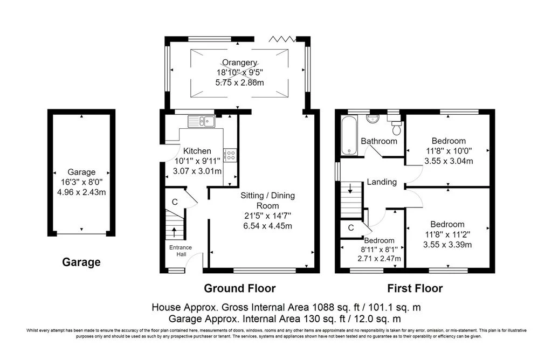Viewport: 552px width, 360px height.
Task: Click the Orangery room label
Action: click(x=237, y=63)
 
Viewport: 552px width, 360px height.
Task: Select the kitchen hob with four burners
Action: click(x=231, y=155)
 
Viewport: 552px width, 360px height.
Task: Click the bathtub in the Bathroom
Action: click(x=346, y=135)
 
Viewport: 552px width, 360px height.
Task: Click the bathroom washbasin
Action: click(x=372, y=118)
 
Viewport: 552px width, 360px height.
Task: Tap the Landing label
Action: click(x=382, y=182)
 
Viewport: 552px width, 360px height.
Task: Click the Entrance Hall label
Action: click(x=181, y=251)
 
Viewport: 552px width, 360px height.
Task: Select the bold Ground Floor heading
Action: click(x=239, y=288)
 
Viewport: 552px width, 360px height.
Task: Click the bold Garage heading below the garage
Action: click(x=81, y=262)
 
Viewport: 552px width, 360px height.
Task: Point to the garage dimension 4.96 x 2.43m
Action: click(x=81, y=192)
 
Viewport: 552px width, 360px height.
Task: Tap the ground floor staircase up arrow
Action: click(x=174, y=231)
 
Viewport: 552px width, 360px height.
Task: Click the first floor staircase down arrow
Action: click(x=350, y=189)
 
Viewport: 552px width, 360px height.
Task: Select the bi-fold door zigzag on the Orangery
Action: click(x=283, y=39)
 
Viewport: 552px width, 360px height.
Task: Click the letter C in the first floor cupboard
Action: click(x=350, y=228)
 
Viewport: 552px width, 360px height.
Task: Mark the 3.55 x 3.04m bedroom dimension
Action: click(x=448, y=161)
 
